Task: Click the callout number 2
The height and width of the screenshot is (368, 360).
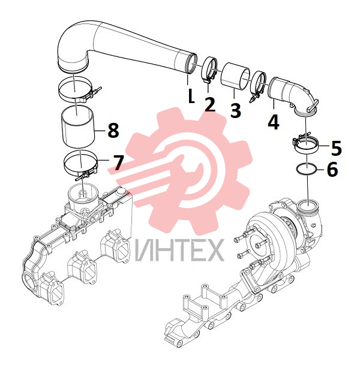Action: (x=210, y=104)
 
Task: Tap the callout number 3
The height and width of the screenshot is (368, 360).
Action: (x=235, y=110)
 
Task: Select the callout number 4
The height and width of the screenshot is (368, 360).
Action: (x=274, y=122)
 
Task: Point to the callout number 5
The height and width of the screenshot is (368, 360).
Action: (x=336, y=148)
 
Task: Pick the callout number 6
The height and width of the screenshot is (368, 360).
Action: (x=332, y=169)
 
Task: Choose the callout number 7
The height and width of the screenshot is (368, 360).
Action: (x=118, y=162)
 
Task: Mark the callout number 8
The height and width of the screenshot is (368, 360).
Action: (x=113, y=130)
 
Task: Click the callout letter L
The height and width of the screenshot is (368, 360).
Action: (x=191, y=96)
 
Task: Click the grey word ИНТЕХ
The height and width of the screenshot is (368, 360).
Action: (x=179, y=250)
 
